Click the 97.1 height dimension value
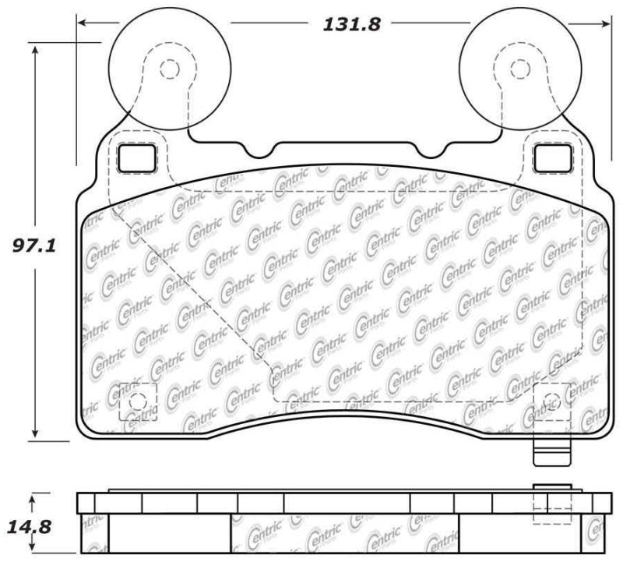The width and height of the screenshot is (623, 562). pyautogui.click(x=31, y=247)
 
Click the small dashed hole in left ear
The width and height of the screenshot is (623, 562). pyautogui.click(x=168, y=69)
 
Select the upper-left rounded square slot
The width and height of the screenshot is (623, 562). pyautogui.click(x=133, y=159)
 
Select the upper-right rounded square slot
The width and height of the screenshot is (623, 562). pyautogui.click(x=551, y=159)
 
